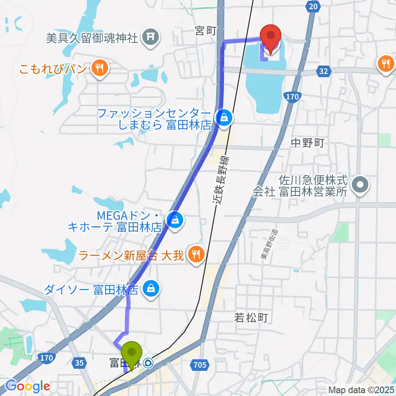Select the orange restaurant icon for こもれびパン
pyautogui.click(x=99, y=67)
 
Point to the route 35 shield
pyautogui.click(x=80, y=363)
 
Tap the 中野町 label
pyautogui.click(x=307, y=143)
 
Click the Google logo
pyautogui.click(x=28, y=386)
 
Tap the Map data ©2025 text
pyautogui.click(x=361, y=390)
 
